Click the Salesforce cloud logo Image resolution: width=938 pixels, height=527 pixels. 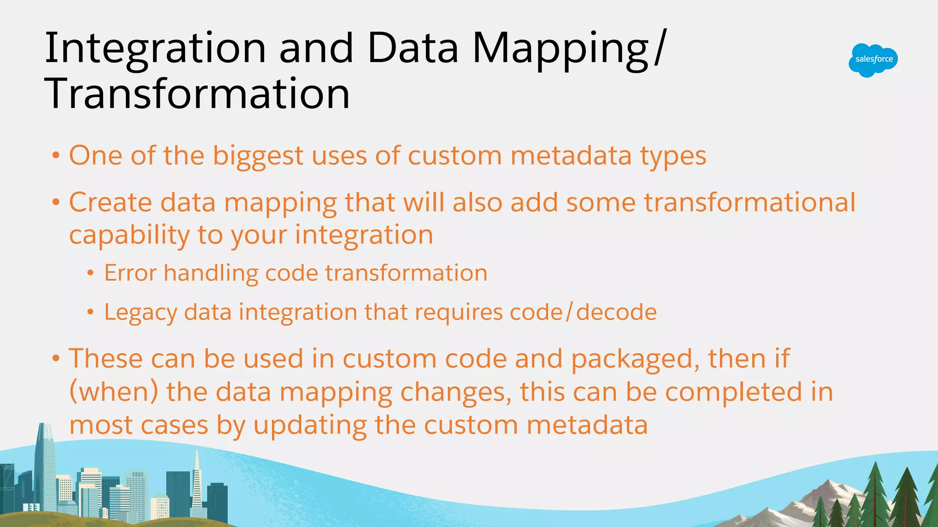coord(873,60)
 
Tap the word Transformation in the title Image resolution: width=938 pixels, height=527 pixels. coord(198,94)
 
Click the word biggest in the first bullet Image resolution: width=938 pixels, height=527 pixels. coord(258,156)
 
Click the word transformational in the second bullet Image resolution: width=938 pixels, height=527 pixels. coord(750,202)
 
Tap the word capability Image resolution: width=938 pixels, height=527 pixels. coord(129,236)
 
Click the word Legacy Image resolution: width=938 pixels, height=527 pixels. coord(140,313)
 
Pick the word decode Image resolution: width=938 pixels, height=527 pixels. coord(616,312)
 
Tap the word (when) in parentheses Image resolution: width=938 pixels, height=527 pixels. coord(114,393)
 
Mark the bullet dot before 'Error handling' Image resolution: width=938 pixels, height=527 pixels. coord(91,274)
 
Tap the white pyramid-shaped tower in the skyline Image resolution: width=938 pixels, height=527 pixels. coord(197,485)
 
